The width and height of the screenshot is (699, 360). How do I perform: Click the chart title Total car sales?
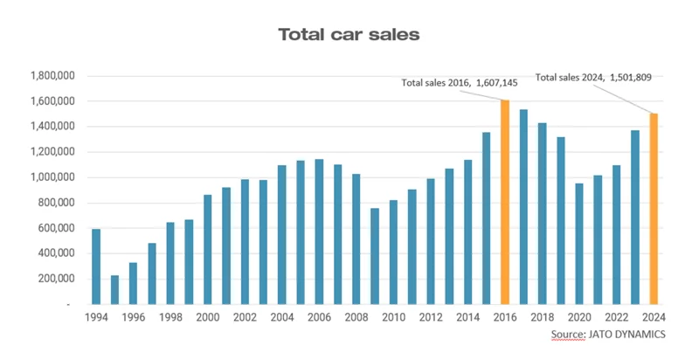point(349,35)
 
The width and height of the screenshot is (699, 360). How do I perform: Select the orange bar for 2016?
point(504,202)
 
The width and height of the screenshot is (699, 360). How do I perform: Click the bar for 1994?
point(96,267)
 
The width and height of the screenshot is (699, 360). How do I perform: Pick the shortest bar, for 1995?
point(114,289)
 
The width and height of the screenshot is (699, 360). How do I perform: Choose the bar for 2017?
point(523,206)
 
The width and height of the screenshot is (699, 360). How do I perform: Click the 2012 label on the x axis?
point(430,316)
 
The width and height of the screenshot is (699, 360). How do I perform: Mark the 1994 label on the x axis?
point(96,316)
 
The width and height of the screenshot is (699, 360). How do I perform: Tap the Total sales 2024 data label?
point(593,77)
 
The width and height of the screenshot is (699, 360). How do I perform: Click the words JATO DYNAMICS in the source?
point(621,335)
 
